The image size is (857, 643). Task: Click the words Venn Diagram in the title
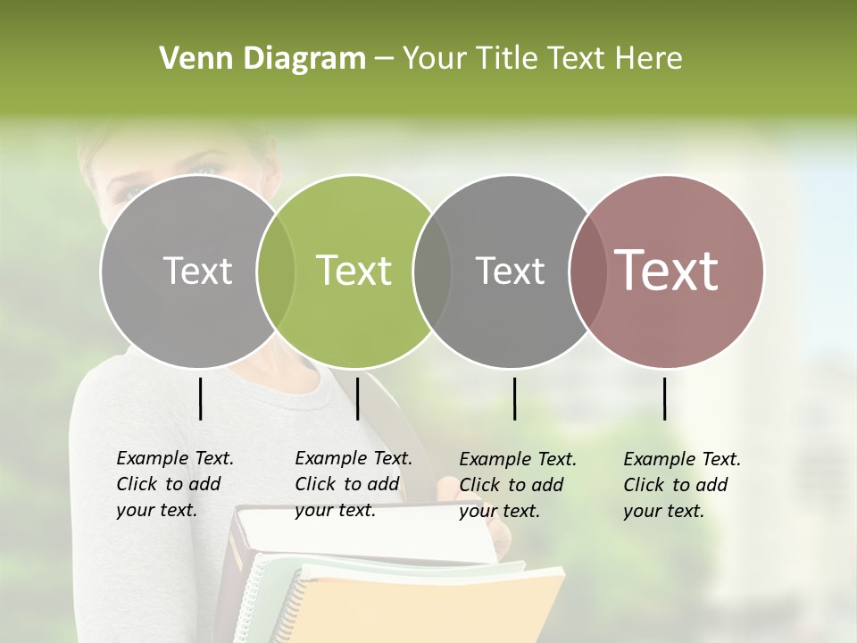[262, 59]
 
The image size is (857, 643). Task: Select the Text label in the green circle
[354, 271]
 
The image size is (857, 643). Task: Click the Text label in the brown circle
[667, 271]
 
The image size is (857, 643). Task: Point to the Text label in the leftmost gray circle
[197, 271]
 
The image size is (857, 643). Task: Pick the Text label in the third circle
[510, 271]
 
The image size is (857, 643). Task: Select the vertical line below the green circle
[357, 398]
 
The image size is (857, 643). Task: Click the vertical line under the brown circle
[664, 398]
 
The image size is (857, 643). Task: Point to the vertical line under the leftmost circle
[200, 398]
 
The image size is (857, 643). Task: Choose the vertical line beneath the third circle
[514, 398]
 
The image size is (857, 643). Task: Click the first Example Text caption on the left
[174, 484]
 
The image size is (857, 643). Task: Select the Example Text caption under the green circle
[353, 484]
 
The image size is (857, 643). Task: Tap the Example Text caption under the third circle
[517, 485]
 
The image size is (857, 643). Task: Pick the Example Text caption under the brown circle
[681, 485]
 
